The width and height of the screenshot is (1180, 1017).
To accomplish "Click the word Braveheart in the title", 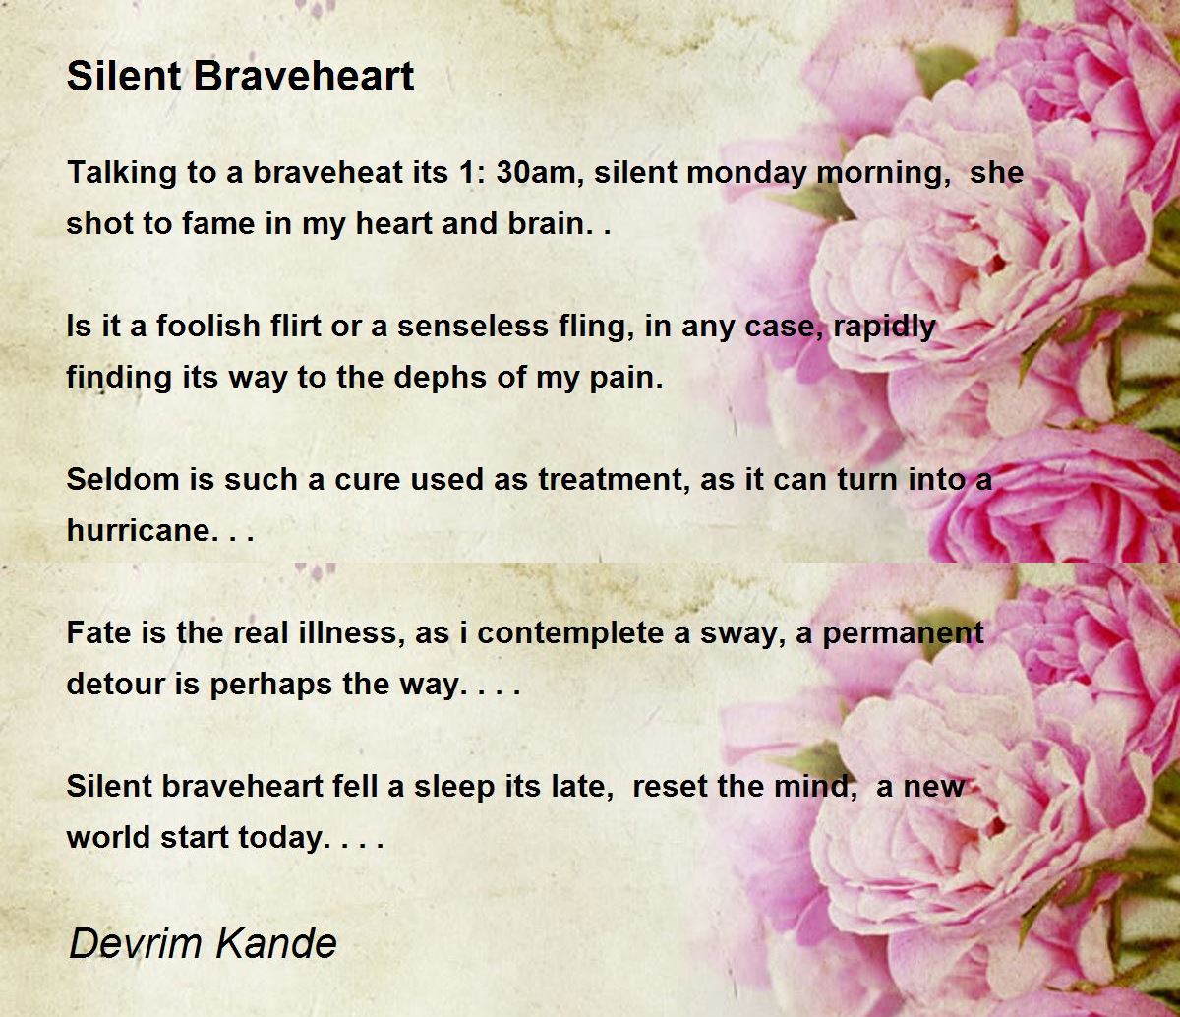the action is point(304,76).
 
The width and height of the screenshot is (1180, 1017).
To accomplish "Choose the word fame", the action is point(218,223).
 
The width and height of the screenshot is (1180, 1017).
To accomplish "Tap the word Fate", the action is point(98,632).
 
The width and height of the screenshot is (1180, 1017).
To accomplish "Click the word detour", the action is point(116,685).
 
